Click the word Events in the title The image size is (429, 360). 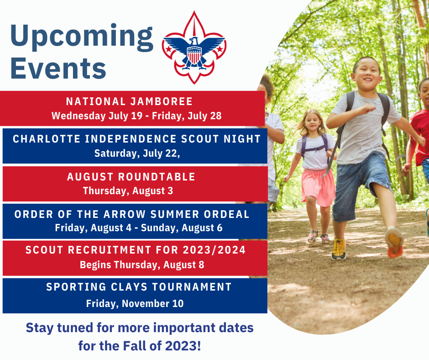[58, 68]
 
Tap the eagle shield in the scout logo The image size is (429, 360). [194, 55]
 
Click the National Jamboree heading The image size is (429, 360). [129, 101]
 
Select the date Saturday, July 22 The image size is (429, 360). [137, 153]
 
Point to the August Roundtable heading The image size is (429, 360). [131, 177]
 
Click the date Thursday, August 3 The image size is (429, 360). [128, 191]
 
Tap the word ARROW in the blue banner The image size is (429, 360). [125, 214]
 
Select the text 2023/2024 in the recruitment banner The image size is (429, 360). [214, 250]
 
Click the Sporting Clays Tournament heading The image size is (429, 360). [139, 287]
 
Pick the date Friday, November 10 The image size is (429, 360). [135, 303]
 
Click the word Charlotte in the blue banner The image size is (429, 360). [47, 139]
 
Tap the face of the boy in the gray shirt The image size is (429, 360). [366, 73]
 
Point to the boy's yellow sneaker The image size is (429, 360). [339, 249]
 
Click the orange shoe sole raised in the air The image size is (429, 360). [394, 243]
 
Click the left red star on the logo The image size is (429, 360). [169, 49]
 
